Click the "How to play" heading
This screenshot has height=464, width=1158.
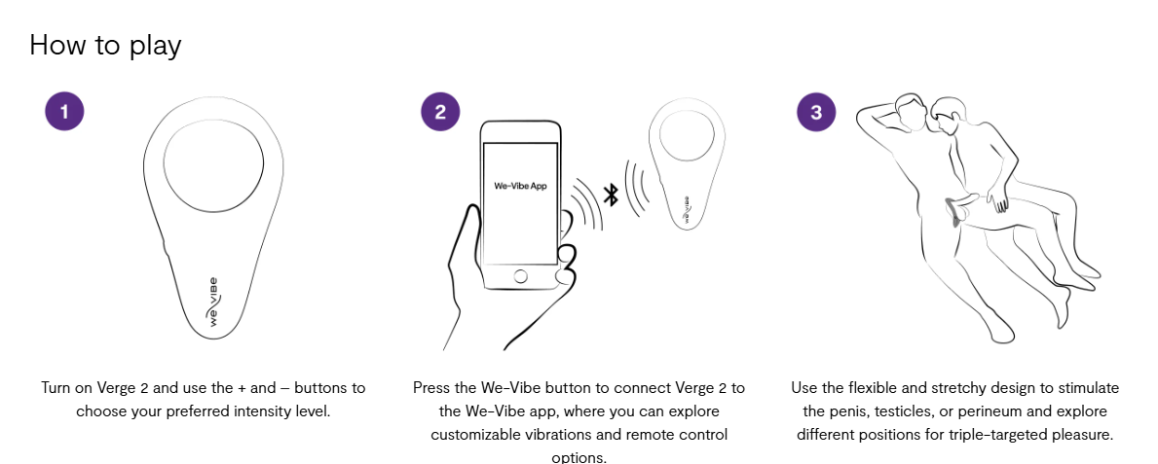coord(105,45)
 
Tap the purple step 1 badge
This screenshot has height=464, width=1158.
coord(64,111)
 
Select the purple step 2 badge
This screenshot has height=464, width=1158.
coord(440,111)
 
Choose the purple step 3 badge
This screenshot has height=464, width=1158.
coord(816,111)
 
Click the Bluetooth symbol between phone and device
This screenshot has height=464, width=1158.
coord(611,194)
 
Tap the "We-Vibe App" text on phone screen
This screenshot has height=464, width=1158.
coord(520,186)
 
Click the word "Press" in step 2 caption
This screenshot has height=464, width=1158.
coord(432,388)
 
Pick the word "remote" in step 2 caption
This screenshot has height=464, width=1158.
coord(656,434)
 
